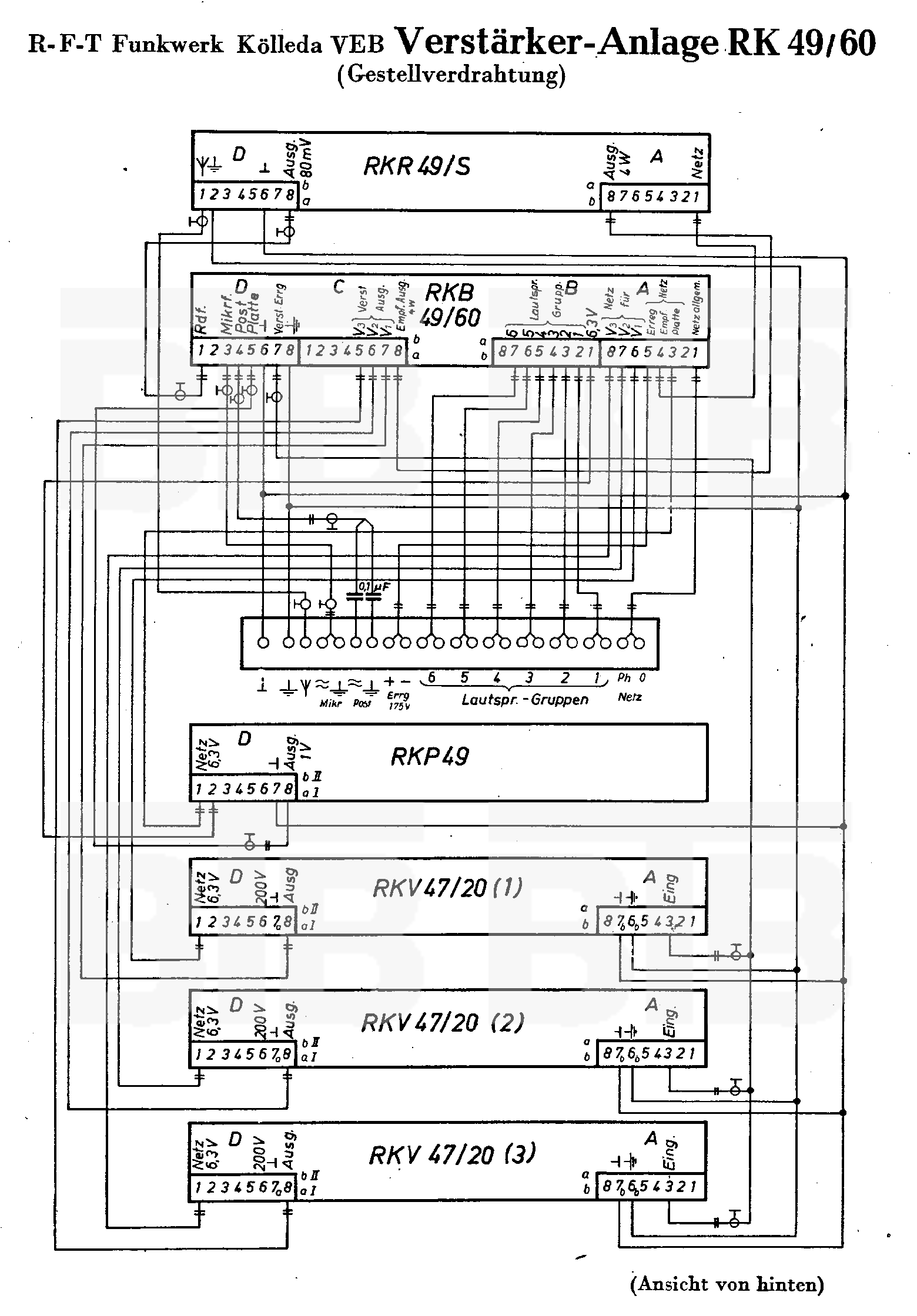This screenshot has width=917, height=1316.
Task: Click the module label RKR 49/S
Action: click(417, 166)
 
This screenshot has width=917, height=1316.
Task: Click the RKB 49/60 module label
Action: click(451, 305)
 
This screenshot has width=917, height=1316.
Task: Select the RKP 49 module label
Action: click(430, 757)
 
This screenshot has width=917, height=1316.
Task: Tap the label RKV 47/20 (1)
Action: click(447, 888)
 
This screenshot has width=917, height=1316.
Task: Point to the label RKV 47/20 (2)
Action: click(442, 1023)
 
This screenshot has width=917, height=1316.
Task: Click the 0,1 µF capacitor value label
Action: click(374, 586)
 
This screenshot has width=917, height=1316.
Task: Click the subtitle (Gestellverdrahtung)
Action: click(451, 75)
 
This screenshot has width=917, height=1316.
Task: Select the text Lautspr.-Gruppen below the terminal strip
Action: click(525, 700)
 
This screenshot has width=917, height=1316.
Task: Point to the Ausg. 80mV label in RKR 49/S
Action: click(299, 159)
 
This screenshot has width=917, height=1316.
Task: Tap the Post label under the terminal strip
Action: click(362, 703)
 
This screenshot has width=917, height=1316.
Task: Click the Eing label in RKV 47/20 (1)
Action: click(670, 889)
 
